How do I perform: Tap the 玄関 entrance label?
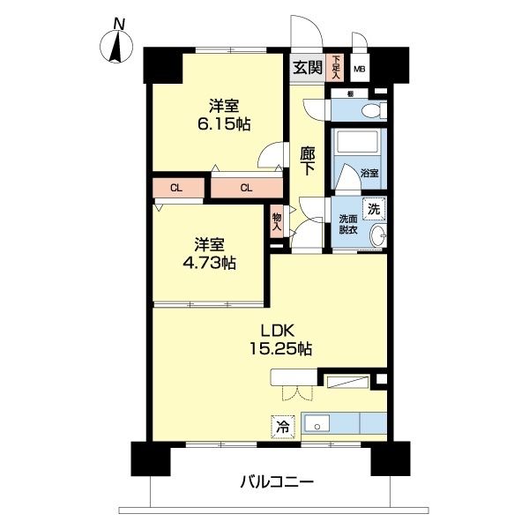tap(308, 68)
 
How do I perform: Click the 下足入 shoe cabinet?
tap(336, 68)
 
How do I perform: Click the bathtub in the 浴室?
tap(356, 145)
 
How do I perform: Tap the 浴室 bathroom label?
tap(370, 174)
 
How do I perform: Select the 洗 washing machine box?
tap(374, 210)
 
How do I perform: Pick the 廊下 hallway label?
tap(308, 161)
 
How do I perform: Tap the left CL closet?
tap(176, 187)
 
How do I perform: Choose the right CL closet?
tap(246, 187)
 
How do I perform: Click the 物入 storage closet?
tap(277, 221)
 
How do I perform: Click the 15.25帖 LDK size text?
tap(281, 350)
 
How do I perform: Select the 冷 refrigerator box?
tap(283, 424)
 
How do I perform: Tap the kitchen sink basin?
tap(318, 424)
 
